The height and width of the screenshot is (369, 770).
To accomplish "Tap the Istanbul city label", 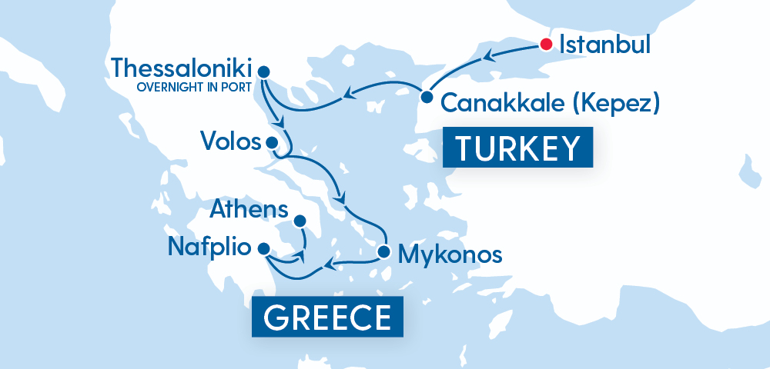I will tap(604, 44).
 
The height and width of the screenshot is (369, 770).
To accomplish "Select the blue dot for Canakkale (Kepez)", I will tap(426, 97).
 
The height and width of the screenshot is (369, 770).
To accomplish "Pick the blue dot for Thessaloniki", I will tap(263, 71).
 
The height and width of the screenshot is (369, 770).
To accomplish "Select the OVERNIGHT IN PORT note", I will tap(194, 86).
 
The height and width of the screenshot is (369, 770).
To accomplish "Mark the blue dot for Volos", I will tap(271, 141).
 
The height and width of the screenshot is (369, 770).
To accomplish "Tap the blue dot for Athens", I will tap(299, 221).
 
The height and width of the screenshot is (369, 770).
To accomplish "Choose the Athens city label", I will tap(250, 210).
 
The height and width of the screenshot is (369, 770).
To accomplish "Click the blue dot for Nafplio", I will tap(263, 248).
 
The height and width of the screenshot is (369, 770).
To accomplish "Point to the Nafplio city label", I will tap(209, 248).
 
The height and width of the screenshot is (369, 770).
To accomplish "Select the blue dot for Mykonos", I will tap(383, 251).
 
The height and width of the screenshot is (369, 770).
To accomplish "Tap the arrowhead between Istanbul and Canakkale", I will tap(488, 55).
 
